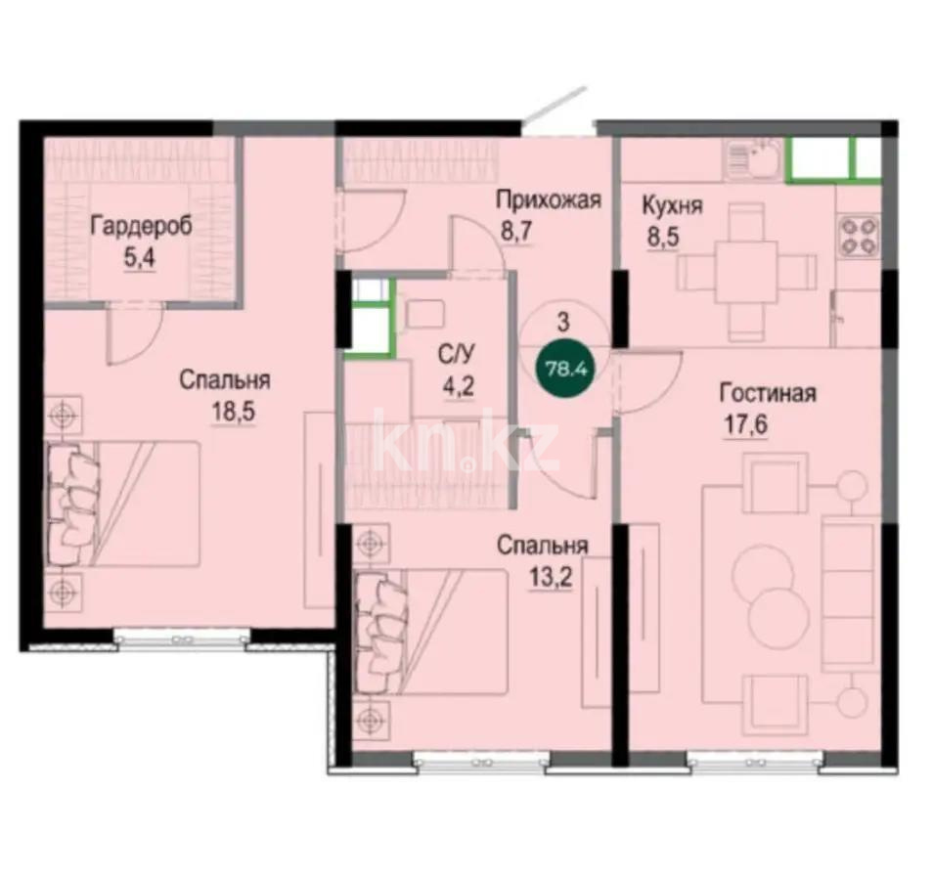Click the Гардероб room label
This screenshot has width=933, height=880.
coord(141,226)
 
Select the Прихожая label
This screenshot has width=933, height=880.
coord(547,201)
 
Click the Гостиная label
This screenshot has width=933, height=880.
coord(768,394)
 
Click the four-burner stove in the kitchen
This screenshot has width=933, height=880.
coord(858,235)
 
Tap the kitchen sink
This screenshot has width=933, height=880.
coord(754,158)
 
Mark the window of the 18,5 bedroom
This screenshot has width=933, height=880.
coord(180,637)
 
